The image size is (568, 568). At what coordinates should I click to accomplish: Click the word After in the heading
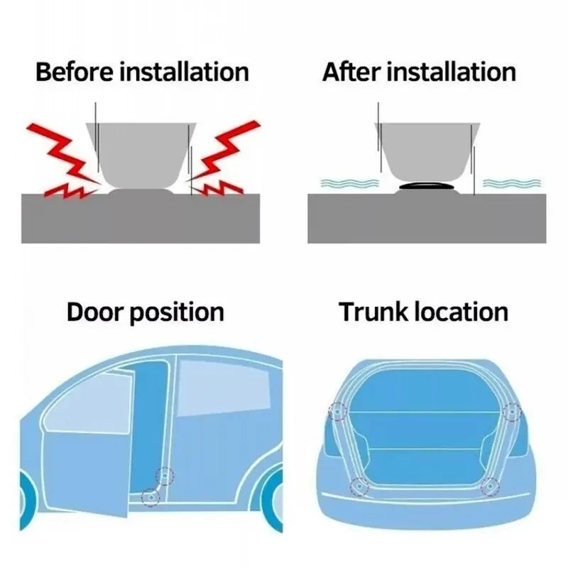(x=353, y=72)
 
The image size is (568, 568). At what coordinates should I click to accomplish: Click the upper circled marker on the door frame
(x=165, y=474)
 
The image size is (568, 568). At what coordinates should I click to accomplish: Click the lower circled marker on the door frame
(x=148, y=497)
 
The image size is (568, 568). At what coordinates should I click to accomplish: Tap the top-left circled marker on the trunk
(x=337, y=411)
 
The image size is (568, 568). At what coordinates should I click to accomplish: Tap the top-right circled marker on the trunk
(x=510, y=411)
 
